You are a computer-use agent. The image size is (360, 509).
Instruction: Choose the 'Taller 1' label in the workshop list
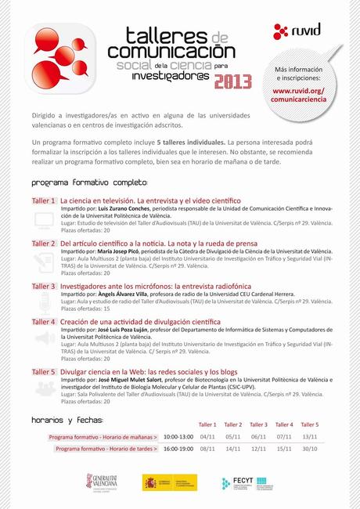44,200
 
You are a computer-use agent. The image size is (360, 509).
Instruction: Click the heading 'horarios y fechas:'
67,420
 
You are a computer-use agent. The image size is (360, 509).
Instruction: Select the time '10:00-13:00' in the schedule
178,437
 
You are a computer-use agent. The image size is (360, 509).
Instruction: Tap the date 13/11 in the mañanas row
309,437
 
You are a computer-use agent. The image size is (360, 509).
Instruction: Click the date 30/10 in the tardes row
309,449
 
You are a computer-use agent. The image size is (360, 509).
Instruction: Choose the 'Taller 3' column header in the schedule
259,424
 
